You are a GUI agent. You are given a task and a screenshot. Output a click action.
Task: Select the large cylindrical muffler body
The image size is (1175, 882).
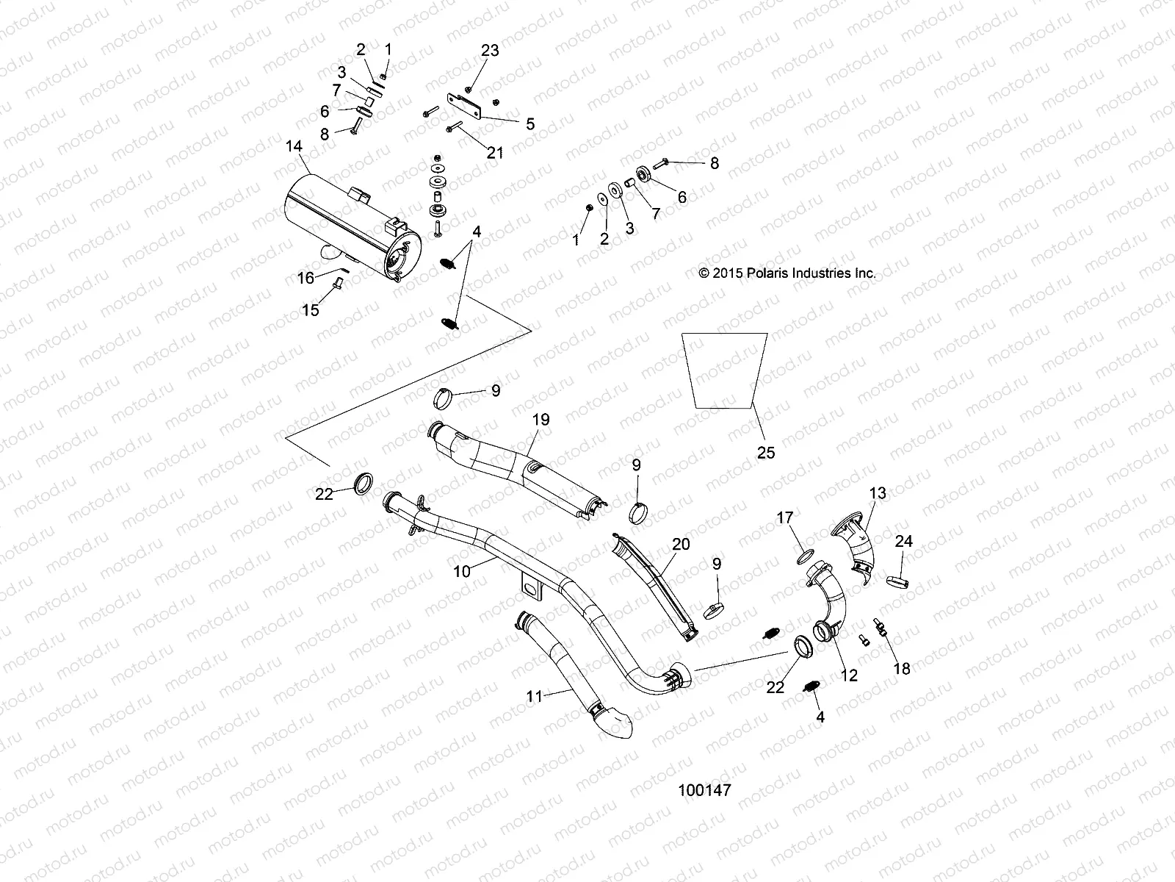point(345,228)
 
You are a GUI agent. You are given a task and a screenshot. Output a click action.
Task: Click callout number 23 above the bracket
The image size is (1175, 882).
point(490,50)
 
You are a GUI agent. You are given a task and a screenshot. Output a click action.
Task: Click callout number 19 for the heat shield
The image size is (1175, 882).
point(540,420)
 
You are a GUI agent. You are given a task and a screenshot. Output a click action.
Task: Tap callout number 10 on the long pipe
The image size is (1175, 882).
point(462,570)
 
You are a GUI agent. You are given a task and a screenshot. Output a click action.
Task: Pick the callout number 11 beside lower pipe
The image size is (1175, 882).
point(535,695)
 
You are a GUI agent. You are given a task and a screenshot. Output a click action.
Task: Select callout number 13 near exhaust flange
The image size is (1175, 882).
point(878,492)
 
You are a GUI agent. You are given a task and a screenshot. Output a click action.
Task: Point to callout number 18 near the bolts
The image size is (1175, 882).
point(901,668)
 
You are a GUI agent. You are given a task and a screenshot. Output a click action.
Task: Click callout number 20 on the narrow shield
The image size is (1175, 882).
point(681,543)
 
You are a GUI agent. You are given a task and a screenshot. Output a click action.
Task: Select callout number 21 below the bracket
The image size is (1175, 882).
point(496,152)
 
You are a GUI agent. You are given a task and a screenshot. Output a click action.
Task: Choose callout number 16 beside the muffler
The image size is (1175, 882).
point(305,278)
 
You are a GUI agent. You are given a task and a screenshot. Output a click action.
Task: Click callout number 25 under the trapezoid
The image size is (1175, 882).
point(765,453)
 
